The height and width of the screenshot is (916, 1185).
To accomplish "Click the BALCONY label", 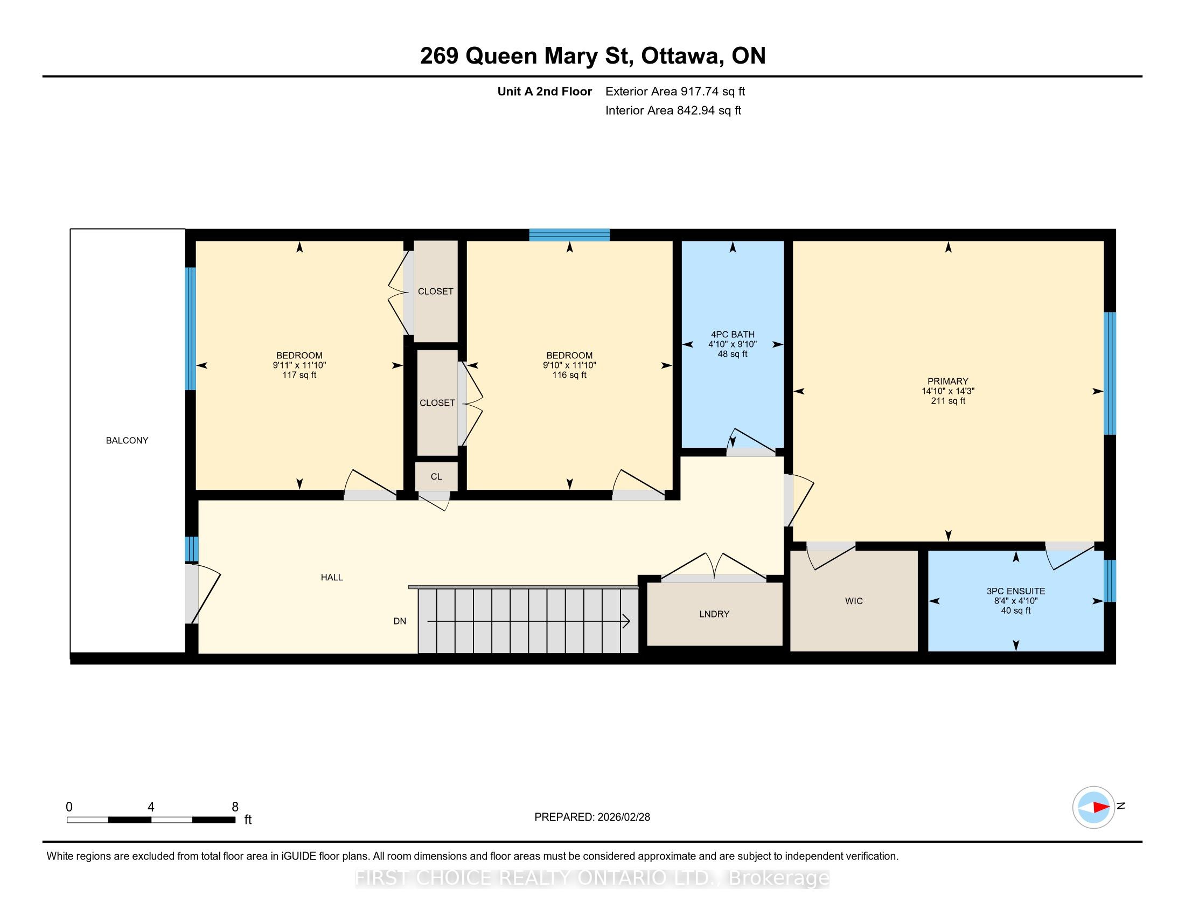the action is click(127, 441).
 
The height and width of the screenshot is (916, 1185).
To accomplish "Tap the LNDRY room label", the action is click(714, 614).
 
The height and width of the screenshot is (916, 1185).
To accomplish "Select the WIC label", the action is click(854, 601).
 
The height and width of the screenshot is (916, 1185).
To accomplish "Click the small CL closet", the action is click(436, 476).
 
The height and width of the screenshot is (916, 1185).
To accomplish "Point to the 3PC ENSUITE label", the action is click(1016, 591).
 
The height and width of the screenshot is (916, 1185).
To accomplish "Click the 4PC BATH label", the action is click(733, 334).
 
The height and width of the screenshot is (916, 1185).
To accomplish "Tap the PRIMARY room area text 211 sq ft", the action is click(948, 401).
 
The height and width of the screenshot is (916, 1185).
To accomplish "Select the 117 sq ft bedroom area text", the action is click(299, 375).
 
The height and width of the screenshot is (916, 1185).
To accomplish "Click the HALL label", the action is click(331, 578).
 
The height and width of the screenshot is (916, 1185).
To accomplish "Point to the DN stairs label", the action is click(400, 621).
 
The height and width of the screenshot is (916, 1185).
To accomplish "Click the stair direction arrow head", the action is click(626, 621).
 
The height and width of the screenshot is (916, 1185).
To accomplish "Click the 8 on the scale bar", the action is click(235, 807).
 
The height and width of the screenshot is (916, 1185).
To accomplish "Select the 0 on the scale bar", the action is click(69, 807).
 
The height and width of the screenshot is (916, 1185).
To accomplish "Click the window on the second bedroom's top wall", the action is click(570, 235).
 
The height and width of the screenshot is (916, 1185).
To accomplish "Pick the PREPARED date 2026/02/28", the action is click(623, 817).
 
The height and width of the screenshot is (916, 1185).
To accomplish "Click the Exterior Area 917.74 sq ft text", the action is click(675, 91).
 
